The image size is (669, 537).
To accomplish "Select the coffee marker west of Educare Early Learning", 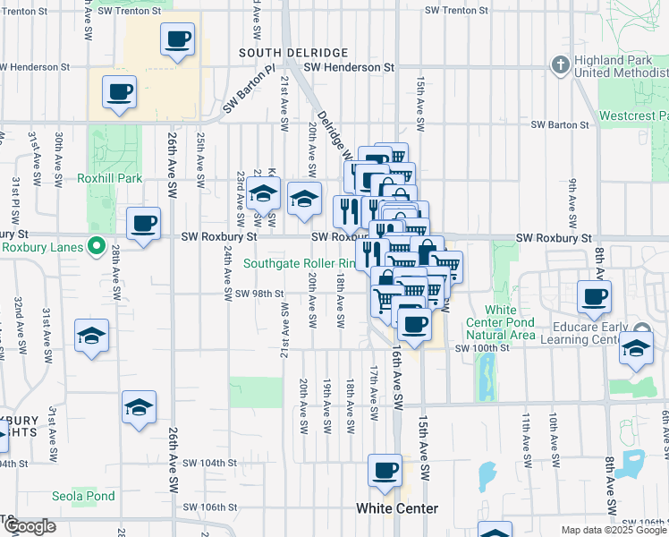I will click(x=595, y=296).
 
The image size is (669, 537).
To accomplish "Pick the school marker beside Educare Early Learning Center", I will click(x=636, y=348).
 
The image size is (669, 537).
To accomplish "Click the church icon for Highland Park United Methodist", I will click(x=560, y=65).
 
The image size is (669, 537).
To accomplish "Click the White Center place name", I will click(x=397, y=508).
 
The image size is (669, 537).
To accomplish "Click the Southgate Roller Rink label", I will click(x=300, y=263).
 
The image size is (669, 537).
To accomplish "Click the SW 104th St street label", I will click(x=209, y=464).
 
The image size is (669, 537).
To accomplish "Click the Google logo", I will click(x=30, y=526).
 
